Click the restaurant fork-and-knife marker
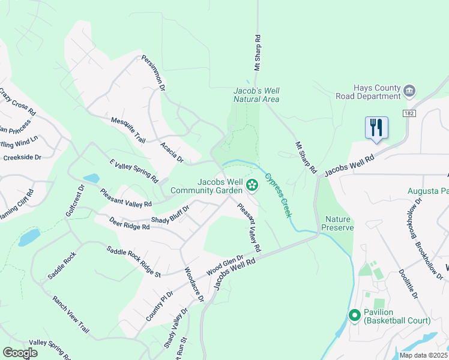point(376,128)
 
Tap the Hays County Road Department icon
point(410,91)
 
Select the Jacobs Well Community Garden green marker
point(253,184)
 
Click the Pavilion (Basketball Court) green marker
point(354,315)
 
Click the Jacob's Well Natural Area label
point(256,95)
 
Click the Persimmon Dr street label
point(153,73)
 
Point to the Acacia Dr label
point(172,153)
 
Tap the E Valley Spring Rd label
point(133,172)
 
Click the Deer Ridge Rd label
point(129,223)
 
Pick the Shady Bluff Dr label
point(170,214)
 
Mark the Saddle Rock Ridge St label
point(134,262)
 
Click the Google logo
point(20,353)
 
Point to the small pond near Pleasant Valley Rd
point(91,178)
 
